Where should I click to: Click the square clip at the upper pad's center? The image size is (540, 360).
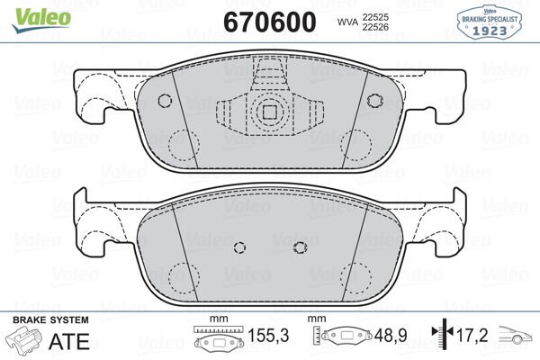tap(267, 112)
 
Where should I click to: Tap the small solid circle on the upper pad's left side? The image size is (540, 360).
tap(164, 100)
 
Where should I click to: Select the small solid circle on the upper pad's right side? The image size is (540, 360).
tap(372, 100)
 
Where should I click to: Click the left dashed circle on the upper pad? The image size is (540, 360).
tap(184, 141)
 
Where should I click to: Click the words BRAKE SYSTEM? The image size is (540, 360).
tap(49, 320)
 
